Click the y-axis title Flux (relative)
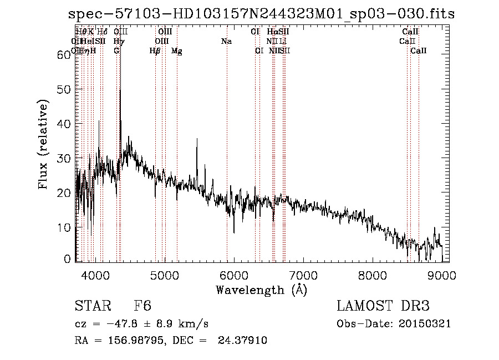click(x=43, y=145)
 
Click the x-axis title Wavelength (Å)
click(x=261, y=290)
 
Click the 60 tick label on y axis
click(x=64, y=54)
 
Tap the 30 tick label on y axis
click(x=64, y=158)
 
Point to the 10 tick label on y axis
click(x=64, y=227)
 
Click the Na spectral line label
click(x=226, y=42)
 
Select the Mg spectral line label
click(x=177, y=51)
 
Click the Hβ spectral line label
click(x=155, y=51)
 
